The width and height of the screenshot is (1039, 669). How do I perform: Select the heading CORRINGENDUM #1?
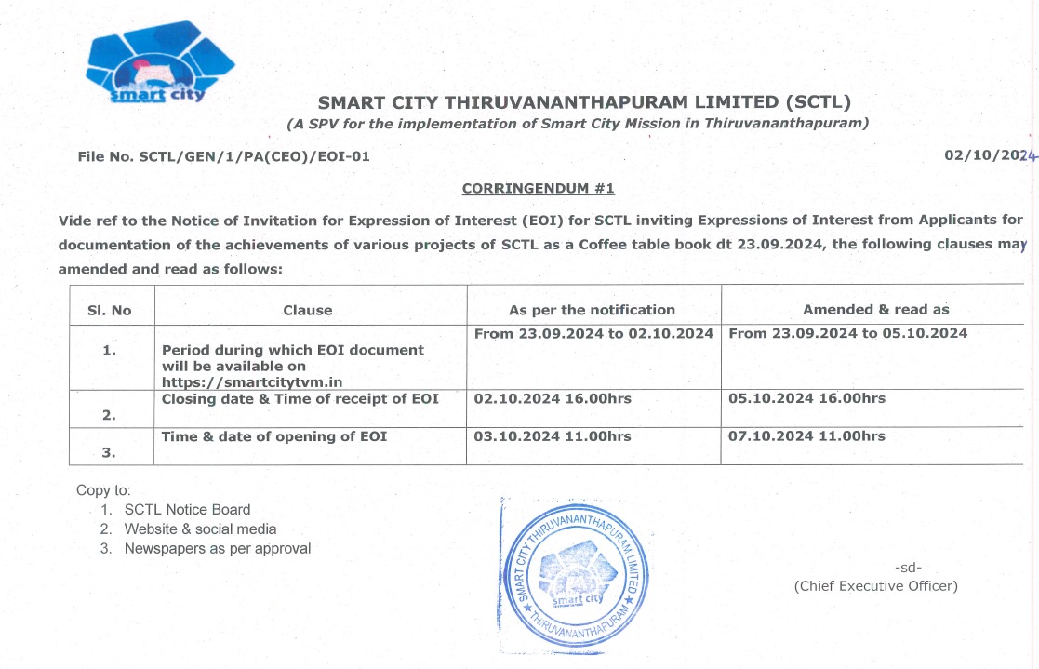(539, 189)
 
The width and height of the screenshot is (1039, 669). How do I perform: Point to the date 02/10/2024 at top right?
(989, 155)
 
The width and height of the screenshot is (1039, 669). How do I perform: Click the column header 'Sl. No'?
(110, 310)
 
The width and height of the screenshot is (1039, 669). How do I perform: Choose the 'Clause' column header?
(308, 310)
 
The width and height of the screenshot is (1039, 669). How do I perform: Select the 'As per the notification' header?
(592, 310)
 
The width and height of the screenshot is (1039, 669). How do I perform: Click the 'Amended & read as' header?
(875, 310)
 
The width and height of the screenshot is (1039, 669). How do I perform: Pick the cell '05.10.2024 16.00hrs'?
(806, 398)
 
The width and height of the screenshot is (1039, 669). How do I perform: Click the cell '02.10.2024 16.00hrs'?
(553, 398)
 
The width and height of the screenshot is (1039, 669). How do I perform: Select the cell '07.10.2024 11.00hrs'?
(806, 435)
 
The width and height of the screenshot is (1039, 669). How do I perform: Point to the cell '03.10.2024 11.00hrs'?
(553, 435)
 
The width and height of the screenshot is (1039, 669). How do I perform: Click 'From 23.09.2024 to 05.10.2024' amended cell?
(847, 333)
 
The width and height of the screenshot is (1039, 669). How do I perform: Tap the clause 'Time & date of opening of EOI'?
(274, 435)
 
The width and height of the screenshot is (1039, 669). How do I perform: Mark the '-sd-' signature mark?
(908, 567)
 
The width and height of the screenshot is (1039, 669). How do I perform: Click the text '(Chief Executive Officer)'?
(875, 585)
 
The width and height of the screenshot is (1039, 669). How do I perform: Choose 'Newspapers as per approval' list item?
(218, 548)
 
